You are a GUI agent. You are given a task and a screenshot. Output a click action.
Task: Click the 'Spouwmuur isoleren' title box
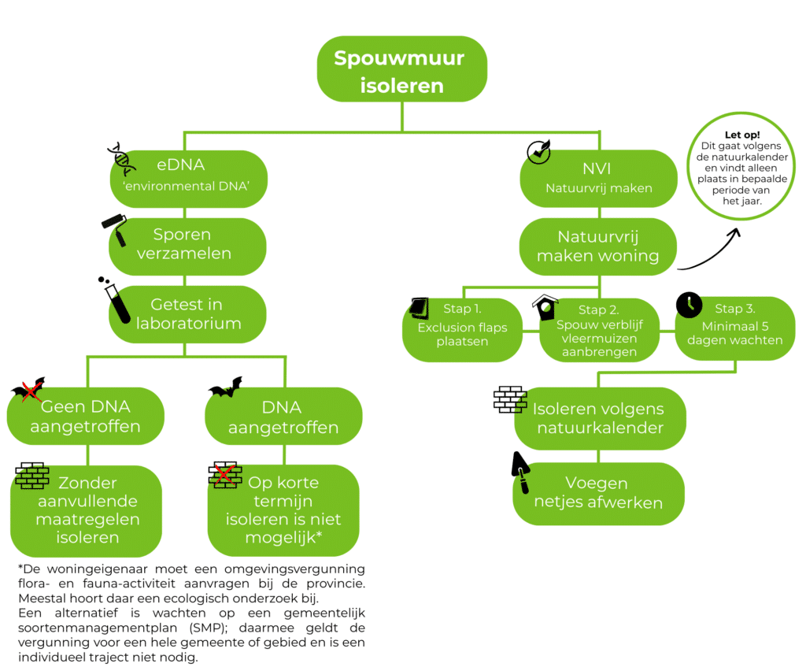tap(401, 72)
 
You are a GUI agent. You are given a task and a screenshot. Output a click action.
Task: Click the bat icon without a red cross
tap(225, 387)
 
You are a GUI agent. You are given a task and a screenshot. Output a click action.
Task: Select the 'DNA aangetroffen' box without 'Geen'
tap(283, 417)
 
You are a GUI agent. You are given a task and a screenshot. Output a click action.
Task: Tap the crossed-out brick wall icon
tap(224, 476)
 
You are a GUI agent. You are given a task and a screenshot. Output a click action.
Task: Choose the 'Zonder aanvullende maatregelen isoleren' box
tap(87, 510)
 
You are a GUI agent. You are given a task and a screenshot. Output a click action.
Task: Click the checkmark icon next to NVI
tap(538, 152)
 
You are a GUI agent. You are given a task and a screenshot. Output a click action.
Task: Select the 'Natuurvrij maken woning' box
tap(598, 246)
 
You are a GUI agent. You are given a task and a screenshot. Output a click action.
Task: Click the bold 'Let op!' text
tap(741, 135)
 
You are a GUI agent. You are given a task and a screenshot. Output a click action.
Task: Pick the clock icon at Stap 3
tap(689, 305)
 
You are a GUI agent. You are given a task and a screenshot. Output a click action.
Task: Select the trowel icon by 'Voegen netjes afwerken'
tap(521, 474)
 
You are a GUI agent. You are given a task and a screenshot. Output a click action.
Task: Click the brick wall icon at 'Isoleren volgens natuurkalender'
tap(510, 399)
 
